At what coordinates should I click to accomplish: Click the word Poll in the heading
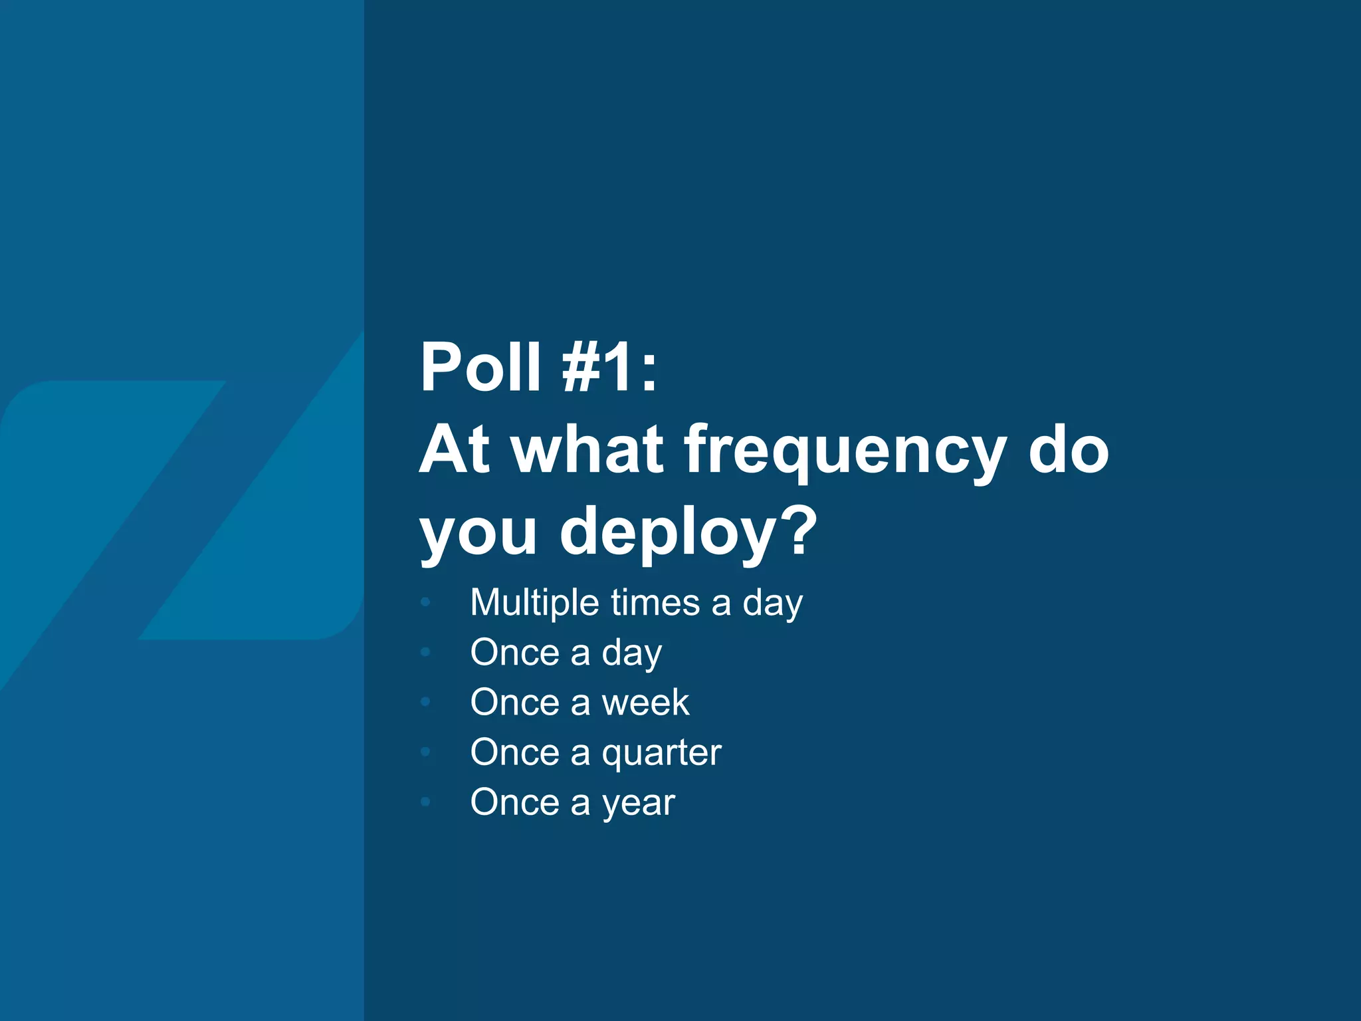480,367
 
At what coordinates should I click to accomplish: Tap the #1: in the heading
609,367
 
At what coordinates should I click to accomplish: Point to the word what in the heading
587,449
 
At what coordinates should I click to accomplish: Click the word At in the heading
455,449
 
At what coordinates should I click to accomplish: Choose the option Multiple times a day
636,604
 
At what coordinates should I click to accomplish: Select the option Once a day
566,653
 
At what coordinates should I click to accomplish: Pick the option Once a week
579,703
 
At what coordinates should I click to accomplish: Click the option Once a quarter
595,753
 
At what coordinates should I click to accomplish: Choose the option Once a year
572,803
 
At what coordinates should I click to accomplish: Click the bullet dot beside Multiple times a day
426,603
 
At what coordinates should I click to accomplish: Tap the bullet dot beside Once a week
426,702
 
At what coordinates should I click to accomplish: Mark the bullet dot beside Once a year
426,802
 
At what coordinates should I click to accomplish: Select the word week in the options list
645,703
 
